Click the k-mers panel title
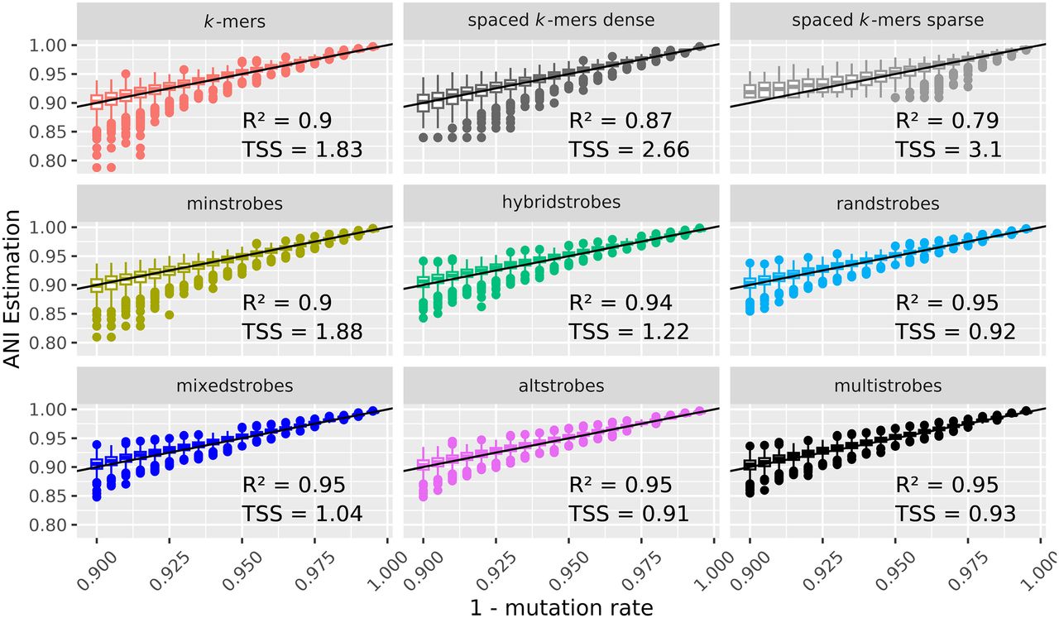click(x=234, y=22)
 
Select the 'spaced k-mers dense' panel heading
click(x=561, y=21)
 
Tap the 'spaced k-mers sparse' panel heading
click(x=888, y=21)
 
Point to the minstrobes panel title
click(x=234, y=204)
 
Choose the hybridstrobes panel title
click(x=561, y=203)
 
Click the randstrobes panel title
click(x=888, y=204)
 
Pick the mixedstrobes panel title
click(x=234, y=386)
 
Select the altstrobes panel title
click(x=561, y=386)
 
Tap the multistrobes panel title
click(x=888, y=386)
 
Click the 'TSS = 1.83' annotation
click(x=303, y=150)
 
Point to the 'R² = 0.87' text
click(x=621, y=120)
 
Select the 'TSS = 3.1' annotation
click(x=948, y=150)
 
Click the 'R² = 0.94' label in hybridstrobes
click(x=621, y=302)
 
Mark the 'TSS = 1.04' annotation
click(x=303, y=514)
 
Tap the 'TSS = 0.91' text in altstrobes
click(x=629, y=514)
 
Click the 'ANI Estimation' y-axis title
click(x=12, y=289)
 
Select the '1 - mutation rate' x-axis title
click(x=562, y=607)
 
